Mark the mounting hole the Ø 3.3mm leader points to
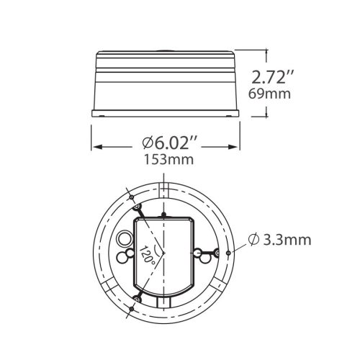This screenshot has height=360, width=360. (x=228, y=253)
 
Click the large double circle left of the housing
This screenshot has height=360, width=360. (x=125, y=238)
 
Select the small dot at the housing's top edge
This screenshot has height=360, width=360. (x=165, y=215)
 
